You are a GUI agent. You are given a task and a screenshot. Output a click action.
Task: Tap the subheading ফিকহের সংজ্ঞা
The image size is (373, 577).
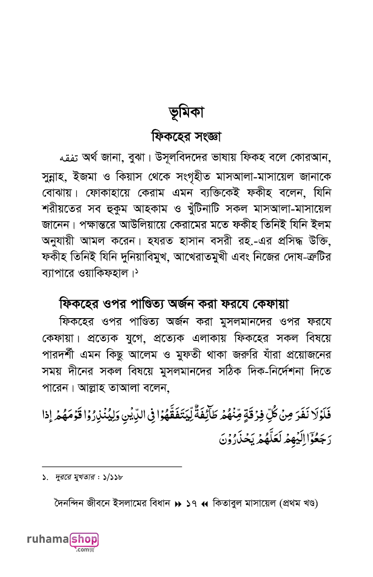click(186, 136)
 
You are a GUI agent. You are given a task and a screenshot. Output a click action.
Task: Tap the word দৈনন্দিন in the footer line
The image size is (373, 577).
click(71, 503)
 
